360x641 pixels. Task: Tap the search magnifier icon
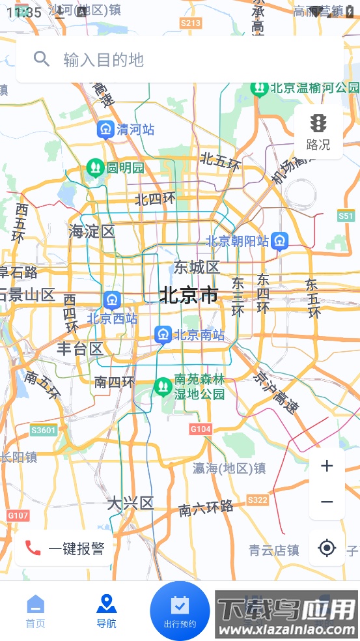coord(42,59)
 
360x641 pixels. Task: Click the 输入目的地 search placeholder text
coord(103,60)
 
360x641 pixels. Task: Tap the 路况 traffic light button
coord(318,132)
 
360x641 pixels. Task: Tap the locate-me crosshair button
coord(327,548)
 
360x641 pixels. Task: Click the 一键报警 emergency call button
coord(64,548)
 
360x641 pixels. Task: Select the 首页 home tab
coord(36,611)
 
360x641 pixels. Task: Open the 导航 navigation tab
coord(106,611)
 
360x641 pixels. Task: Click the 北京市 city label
coord(189,295)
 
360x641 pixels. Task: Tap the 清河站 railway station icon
coord(105,130)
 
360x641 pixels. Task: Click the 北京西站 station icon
coord(112,300)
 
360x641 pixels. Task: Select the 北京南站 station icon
coord(163,335)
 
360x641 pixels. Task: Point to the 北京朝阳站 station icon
coord(280,241)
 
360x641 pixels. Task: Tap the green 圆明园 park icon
coord(95,168)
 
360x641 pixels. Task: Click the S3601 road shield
coord(44,430)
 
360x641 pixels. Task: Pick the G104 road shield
coord(201,429)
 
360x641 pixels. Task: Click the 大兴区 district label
coord(130,503)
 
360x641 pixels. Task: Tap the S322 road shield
coord(258,500)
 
